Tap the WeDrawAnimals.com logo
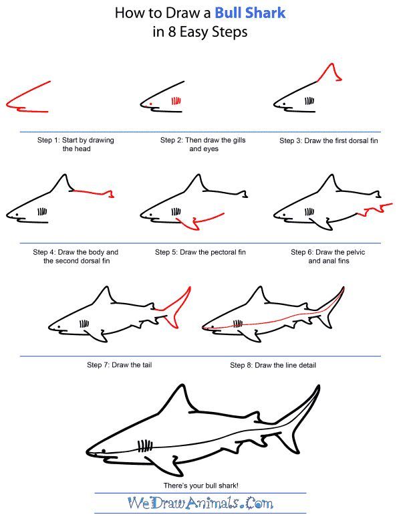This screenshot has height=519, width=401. tap(200, 502)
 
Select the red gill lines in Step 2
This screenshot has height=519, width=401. tap(176, 102)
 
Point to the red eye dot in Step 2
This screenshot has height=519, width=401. tap(150, 104)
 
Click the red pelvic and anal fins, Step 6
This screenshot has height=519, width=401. tap(372, 211)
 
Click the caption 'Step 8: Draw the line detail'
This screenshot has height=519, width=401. tap(273, 365)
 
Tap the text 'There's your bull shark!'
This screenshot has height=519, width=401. tap(200, 484)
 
